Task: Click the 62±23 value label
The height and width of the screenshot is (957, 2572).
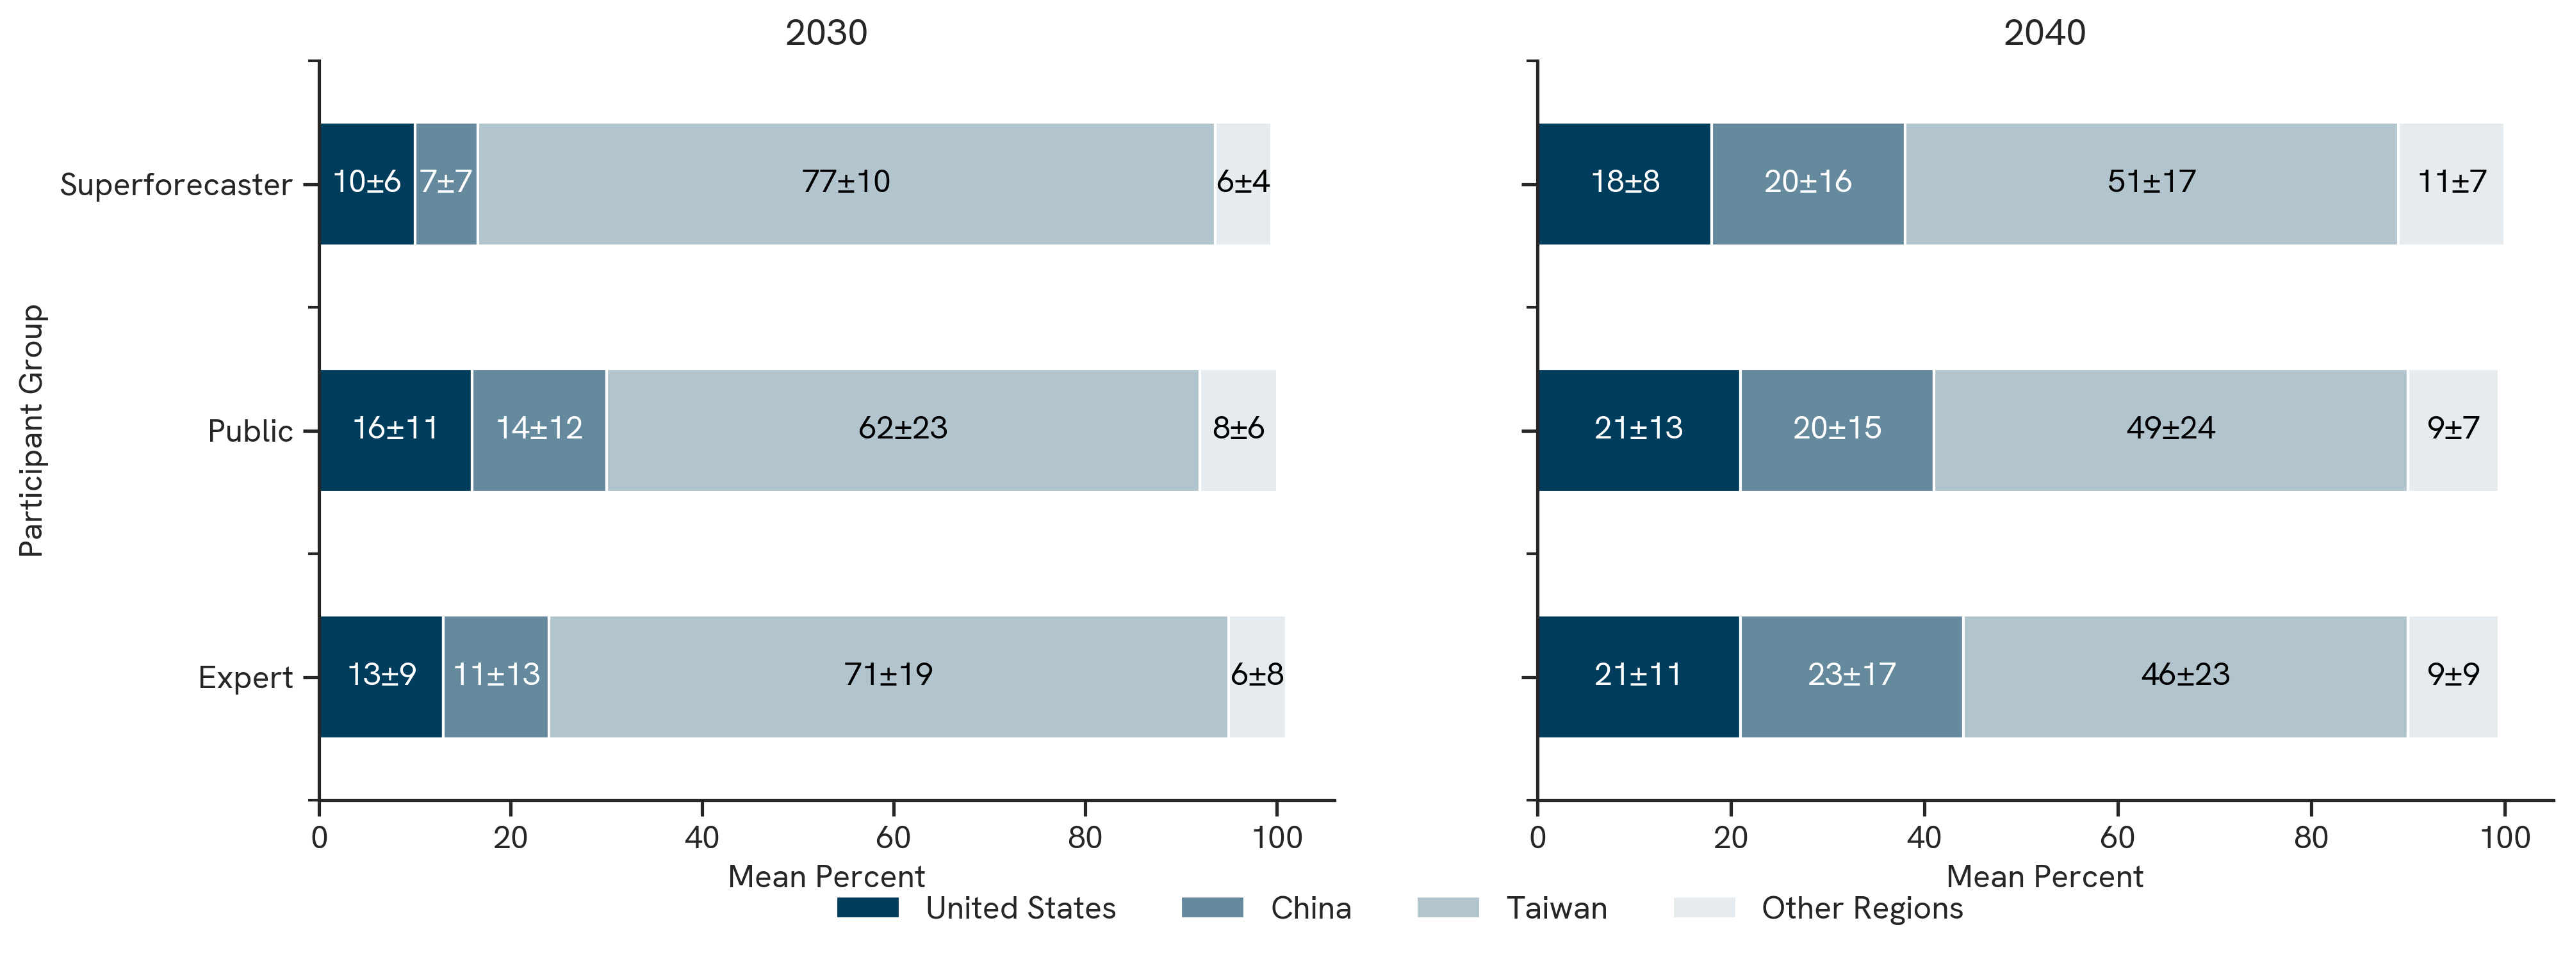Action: [x=903, y=429]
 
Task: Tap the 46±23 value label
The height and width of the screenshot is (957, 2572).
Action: [x=2184, y=675]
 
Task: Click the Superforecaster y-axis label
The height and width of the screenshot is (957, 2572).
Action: [x=176, y=184]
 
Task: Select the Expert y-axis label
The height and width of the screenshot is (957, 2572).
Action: [x=245, y=678]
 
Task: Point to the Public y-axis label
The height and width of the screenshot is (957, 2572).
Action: [x=250, y=431]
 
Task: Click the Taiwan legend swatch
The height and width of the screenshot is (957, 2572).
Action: [x=1448, y=907]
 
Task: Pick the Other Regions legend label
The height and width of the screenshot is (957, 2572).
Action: [x=1862, y=908]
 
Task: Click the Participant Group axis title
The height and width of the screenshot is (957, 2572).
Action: [x=32, y=430]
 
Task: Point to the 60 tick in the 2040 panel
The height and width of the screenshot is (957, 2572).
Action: [x=2117, y=836]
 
